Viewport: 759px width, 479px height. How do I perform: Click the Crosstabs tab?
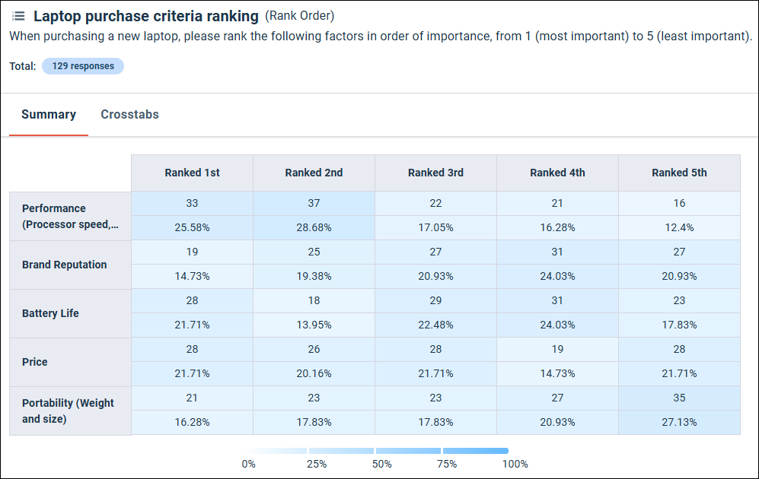click(x=129, y=115)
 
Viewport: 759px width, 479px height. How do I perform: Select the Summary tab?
click(x=49, y=115)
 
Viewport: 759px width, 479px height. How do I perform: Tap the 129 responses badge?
click(x=83, y=66)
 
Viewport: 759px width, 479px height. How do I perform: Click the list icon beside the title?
click(x=18, y=16)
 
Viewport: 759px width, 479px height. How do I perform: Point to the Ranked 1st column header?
click(x=192, y=173)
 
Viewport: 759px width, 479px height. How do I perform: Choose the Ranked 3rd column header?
click(x=435, y=173)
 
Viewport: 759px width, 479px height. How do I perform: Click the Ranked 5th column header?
click(x=679, y=173)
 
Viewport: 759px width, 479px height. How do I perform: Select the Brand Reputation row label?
click(x=65, y=265)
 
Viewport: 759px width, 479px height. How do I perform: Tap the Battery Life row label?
click(x=50, y=313)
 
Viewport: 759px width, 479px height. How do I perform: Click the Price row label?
click(x=35, y=362)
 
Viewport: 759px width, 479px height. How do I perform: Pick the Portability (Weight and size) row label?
click(x=68, y=411)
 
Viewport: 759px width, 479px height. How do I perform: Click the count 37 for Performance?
click(x=314, y=203)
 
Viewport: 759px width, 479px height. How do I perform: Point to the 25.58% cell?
click(x=192, y=227)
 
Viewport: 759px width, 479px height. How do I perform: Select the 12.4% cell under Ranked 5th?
click(x=679, y=227)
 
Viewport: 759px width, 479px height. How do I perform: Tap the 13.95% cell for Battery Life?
click(x=314, y=325)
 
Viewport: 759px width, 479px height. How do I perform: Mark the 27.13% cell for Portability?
click(x=679, y=422)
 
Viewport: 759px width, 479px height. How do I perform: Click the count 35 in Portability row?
click(x=679, y=398)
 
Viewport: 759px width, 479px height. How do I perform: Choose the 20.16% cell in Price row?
click(x=314, y=373)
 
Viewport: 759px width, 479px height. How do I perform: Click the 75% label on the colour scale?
click(x=448, y=464)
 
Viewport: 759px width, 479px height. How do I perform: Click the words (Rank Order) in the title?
click(x=299, y=16)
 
